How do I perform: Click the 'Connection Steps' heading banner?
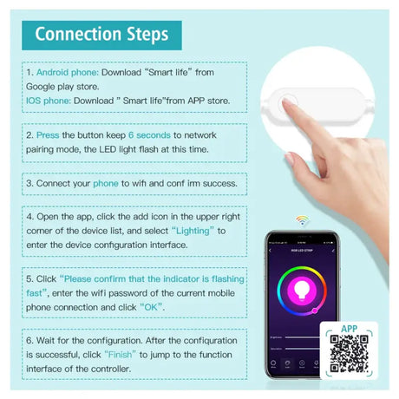(101, 34)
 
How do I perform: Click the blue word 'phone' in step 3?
(106, 184)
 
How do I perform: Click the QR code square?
(350, 361)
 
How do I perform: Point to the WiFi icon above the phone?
(301, 219)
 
